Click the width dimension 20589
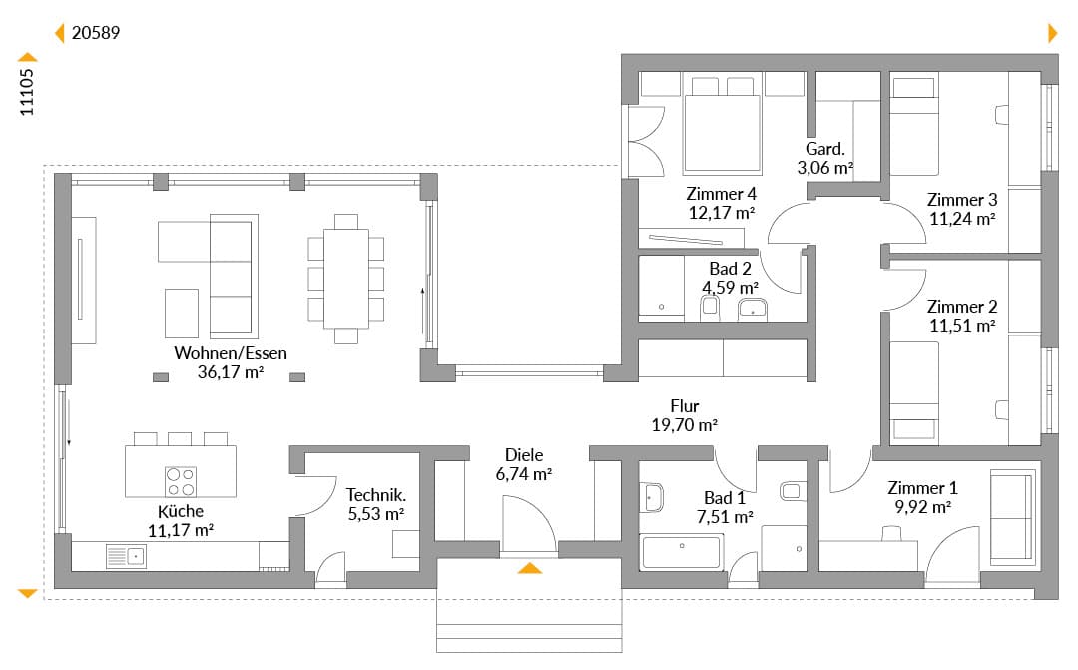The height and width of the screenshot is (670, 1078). (96, 32)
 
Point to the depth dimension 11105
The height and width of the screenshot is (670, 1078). (26, 92)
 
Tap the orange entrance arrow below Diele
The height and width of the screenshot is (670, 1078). (529, 567)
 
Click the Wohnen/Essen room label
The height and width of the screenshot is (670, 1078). (231, 352)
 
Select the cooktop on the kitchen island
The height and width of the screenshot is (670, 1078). (181, 481)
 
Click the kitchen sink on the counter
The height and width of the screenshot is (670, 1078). (126, 556)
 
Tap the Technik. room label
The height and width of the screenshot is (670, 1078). (376, 494)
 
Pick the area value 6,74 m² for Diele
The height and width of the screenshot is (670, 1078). (524, 474)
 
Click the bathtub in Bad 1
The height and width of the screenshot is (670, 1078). (681, 552)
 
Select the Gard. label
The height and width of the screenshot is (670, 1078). (825, 148)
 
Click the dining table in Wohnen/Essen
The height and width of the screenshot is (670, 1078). (345, 279)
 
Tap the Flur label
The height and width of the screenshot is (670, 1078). (684, 406)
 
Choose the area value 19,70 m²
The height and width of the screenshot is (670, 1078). (684, 425)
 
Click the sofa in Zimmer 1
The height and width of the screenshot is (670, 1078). (1013, 517)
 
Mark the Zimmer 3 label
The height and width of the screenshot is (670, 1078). (962, 200)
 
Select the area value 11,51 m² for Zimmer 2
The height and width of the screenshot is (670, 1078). (962, 325)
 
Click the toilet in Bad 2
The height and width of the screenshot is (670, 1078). (710, 308)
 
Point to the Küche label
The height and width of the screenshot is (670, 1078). (180, 511)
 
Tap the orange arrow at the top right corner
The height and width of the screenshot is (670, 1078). (1053, 32)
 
